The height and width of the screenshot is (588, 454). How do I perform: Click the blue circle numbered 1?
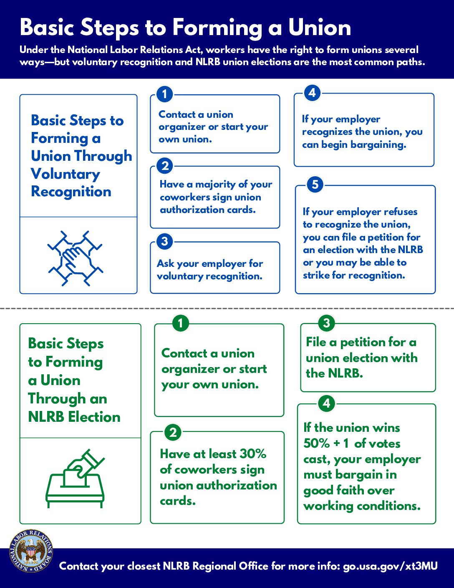pos(165,94)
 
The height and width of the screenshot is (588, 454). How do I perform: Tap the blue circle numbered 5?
pos(315,185)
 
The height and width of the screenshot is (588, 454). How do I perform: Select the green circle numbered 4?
pos(326,404)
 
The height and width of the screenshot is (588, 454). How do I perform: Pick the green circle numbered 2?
pos(173,432)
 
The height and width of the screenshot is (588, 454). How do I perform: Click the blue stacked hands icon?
pos(75,258)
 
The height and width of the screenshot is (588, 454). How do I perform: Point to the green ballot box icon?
pos(75,479)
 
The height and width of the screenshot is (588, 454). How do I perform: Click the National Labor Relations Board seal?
pos(31,551)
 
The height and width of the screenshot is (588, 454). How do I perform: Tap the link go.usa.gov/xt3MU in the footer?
pos(390,566)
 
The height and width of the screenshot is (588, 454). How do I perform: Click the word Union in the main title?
pos(319,28)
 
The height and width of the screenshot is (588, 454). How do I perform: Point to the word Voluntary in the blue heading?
pos(65,174)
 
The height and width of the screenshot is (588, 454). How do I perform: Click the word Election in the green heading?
pos(94,417)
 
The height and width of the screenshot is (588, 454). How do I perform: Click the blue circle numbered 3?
pos(165,241)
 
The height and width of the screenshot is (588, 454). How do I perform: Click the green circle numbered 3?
pos(326,322)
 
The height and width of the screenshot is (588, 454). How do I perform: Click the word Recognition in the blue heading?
pos(71,192)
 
